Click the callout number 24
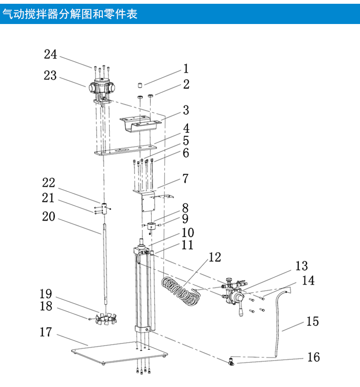point(50,55)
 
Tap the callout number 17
point(46,332)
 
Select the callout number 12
point(214,258)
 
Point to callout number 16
point(313,357)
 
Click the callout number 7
point(185,179)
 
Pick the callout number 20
point(49,217)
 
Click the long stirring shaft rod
point(104,264)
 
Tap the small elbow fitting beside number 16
point(231,361)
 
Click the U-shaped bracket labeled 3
point(139,123)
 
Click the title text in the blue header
point(70,14)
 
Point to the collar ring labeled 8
point(151,226)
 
